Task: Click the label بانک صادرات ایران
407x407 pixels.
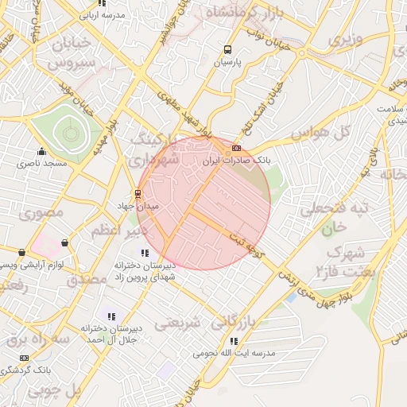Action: pos(236,161)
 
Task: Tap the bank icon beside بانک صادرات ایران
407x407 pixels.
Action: pos(235,148)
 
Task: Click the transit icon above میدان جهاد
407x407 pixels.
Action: pos(138,193)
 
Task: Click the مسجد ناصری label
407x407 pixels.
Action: pos(42,163)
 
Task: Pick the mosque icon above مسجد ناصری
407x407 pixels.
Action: pos(41,151)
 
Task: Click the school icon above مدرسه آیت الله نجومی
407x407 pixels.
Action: pos(233,341)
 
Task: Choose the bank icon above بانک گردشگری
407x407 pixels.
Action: pos(24,358)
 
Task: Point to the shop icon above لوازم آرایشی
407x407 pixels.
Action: pos(64,242)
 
